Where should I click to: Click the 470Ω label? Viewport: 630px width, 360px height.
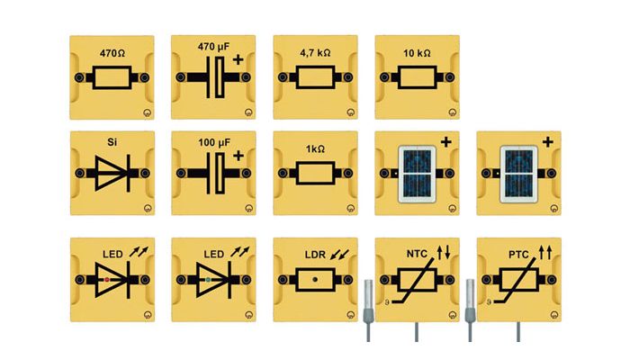pyautogui.click(x=112, y=52)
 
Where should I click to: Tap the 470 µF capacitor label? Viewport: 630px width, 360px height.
pyautogui.click(x=213, y=47)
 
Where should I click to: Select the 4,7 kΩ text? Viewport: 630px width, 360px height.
pyautogui.click(x=315, y=52)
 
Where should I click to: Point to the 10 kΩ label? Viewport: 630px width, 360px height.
pyautogui.click(x=417, y=52)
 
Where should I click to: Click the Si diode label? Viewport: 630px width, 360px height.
pyautogui.click(x=112, y=142)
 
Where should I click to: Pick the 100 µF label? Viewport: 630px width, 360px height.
pyautogui.click(x=214, y=142)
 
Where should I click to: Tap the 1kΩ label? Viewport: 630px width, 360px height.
pyautogui.click(x=315, y=148)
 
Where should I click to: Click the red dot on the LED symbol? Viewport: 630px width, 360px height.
pyautogui.click(x=106, y=280)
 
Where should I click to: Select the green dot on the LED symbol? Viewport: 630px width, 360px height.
pyautogui.click(x=208, y=280)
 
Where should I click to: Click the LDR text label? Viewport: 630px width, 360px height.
pyautogui.click(x=315, y=255)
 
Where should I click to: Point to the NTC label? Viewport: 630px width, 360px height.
pyautogui.click(x=417, y=255)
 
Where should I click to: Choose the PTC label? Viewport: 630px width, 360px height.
pyautogui.click(x=518, y=255)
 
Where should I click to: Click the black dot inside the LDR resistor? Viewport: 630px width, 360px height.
pyautogui.click(x=315, y=279)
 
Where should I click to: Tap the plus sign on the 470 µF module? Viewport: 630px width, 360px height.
pyautogui.click(x=238, y=59)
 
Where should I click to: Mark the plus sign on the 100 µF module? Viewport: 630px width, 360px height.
pyautogui.click(x=238, y=156)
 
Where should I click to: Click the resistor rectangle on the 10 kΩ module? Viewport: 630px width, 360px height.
pyautogui.click(x=417, y=77)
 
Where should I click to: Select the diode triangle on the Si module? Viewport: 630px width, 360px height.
pyautogui.click(x=109, y=173)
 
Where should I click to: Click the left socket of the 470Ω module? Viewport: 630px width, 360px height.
pyautogui.click(x=79, y=77)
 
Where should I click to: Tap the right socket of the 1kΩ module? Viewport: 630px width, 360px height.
pyautogui.click(x=348, y=173)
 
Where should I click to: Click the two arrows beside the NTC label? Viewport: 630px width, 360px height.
pyautogui.click(x=444, y=253)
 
